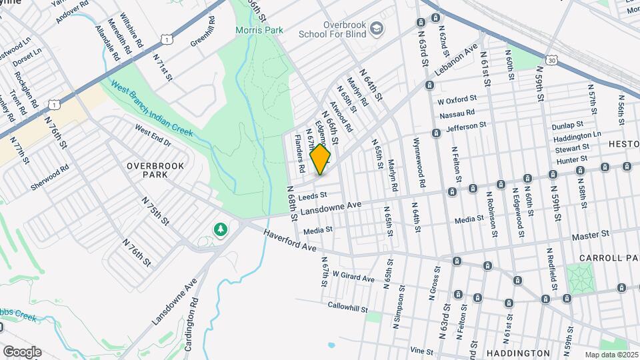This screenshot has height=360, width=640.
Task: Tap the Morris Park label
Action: pyautogui.click(x=259, y=30)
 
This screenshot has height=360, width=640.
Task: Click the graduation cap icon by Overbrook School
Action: pyautogui.click(x=377, y=28)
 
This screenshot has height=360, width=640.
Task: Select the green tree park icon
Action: pyautogui.click(x=220, y=230)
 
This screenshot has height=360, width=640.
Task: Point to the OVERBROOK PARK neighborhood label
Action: pyautogui.click(x=145, y=169)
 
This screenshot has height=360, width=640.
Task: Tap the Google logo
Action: pyautogui.click(x=22, y=352)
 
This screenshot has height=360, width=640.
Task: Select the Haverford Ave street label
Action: pyautogui.click(x=289, y=240)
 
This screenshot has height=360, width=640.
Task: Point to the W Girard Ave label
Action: pyautogui.click(x=353, y=277)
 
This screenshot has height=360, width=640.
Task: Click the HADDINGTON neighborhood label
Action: pyautogui.click(x=518, y=353)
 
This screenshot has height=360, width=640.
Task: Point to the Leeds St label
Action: pyautogui.click(x=313, y=196)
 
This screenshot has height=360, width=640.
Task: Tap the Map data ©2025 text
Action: pyautogui.click(x=611, y=355)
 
